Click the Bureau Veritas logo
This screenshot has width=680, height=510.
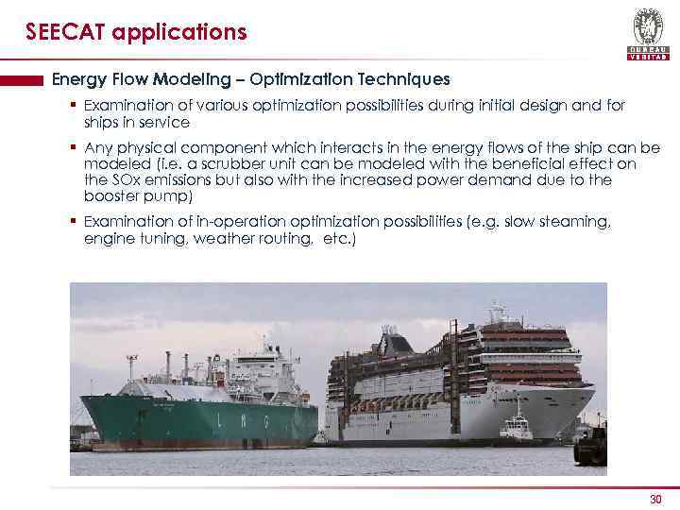tap(647, 34)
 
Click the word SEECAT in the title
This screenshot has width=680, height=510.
tap(65, 33)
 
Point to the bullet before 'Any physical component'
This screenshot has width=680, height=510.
tap(72, 148)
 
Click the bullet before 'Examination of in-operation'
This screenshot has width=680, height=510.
tap(72, 221)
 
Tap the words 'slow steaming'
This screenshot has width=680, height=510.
tap(557, 221)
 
